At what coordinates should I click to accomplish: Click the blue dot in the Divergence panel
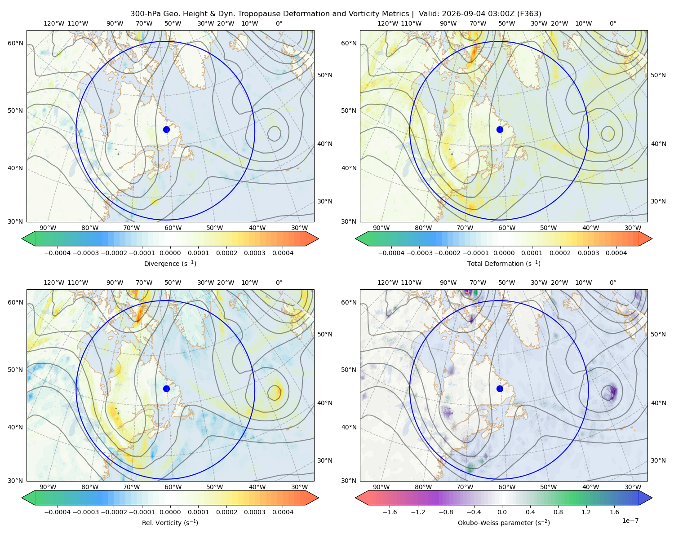pos(166,129)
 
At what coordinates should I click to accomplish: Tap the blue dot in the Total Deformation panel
pos(500,129)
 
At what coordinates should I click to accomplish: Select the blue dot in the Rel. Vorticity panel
pos(166,389)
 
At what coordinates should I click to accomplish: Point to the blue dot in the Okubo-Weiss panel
pos(500,389)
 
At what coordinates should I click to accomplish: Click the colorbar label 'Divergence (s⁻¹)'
pos(170,263)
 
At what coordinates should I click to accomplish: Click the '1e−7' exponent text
pos(630,521)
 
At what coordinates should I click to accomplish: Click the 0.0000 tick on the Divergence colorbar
pos(170,253)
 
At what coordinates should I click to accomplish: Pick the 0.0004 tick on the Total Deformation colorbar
pos(616,253)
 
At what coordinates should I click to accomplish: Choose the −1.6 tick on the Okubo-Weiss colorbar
pos(390,512)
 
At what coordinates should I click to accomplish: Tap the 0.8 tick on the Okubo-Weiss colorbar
pos(558,512)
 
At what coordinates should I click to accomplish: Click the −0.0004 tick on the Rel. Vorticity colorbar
pos(58,512)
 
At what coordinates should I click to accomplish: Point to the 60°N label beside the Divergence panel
pos(15,43)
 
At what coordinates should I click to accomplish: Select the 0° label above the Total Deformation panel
pos(612,23)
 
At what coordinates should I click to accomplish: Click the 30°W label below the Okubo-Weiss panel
pos(633,487)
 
